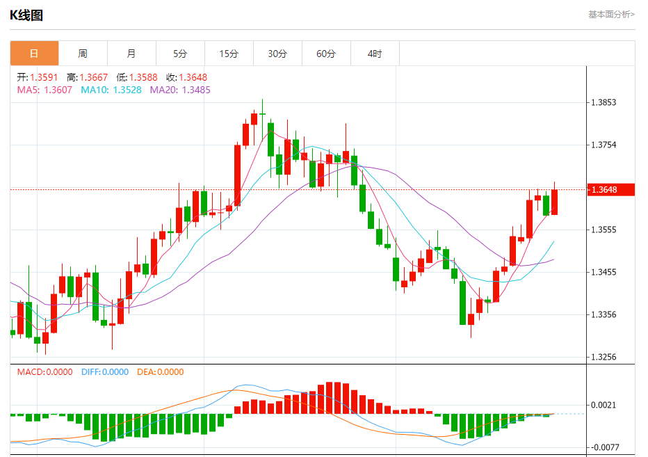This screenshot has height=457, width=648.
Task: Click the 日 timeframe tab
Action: pos(34,54)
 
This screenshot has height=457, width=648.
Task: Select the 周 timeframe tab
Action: pos(83,54)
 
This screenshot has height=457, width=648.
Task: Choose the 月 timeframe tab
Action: pos(131,54)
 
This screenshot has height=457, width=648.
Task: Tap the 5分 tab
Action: pos(180,54)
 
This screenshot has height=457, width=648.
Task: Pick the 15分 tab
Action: pos(229,54)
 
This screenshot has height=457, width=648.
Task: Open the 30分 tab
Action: pos(277,54)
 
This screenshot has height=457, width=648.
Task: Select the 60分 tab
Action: pos(326,54)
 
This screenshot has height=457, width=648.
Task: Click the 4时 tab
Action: pos(375,54)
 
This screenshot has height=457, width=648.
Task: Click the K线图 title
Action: pos(26,15)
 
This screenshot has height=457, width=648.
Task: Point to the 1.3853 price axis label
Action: pos(603,102)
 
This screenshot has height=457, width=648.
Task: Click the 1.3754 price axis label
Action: pos(603,145)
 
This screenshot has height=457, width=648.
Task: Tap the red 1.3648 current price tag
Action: pos(612,189)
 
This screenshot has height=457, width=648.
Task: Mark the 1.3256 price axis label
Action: pos(603,357)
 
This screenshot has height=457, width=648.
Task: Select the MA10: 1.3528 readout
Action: pos(111,90)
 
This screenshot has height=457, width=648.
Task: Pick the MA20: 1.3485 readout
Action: pos(180,90)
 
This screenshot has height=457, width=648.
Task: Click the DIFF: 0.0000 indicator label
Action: pos(104,372)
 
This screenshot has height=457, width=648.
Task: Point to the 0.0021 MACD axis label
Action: pos(603,405)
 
